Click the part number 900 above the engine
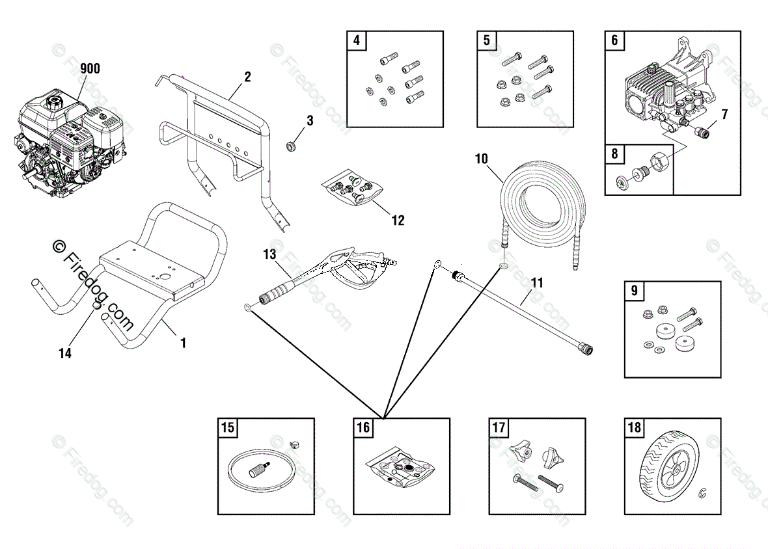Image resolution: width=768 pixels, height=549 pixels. (x=90, y=68)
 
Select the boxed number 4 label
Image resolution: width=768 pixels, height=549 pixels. (x=356, y=40)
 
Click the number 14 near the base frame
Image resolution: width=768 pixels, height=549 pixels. (x=65, y=353)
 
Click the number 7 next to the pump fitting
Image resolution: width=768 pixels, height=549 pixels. (x=724, y=114)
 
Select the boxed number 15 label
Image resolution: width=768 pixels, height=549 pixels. (x=228, y=428)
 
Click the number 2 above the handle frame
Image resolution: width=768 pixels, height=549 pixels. (x=247, y=77)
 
